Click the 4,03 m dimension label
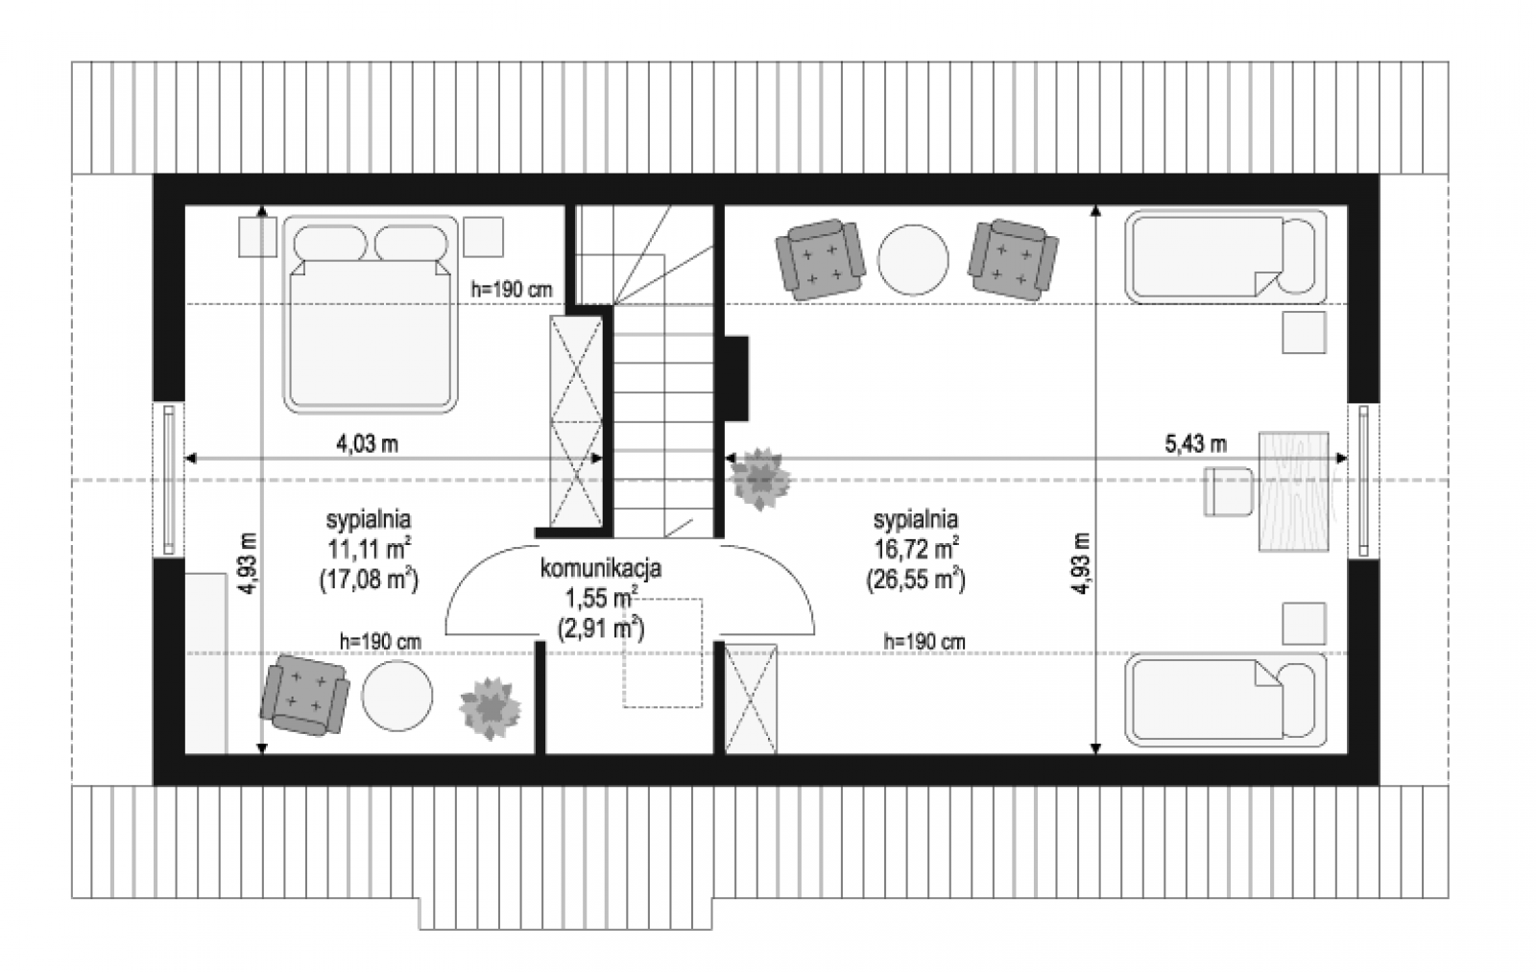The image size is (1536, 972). pyautogui.click(x=367, y=443)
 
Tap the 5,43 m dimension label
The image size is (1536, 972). pyautogui.click(x=1196, y=443)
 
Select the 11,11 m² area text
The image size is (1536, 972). pyautogui.click(x=369, y=549)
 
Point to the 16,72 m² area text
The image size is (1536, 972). pyautogui.click(x=916, y=549)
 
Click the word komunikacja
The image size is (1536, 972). pyautogui.click(x=601, y=568)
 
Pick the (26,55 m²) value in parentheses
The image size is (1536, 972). pyautogui.click(x=916, y=580)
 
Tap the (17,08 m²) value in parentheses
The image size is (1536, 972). pyautogui.click(x=369, y=580)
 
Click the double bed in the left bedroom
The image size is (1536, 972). pyautogui.click(x=371, y=315)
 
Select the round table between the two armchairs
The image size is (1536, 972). pyautogui.click(x=913, y=260)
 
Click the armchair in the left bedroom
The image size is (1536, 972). pyautogui.click(x=305, y=695)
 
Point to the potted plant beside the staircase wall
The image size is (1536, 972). pyautogui.click(x=760, y=479)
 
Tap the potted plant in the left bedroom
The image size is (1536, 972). pyautogui.click(x=491, y=708)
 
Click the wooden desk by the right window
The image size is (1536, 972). pyautogui.click(x=1293, y=491)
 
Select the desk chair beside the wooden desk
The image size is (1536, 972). pyautogui.click(x=1228, y=491)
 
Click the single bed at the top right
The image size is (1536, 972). pyautogui.click(x=1225, y=256)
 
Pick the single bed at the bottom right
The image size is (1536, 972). pyautogui.click(x=1225, y=699)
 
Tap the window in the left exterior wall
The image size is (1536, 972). pyautogui.click(x=169, y=479)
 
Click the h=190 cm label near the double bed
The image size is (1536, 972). pyautogui.click(x=512, y=289)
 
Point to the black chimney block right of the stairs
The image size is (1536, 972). pyautogui.click(x=736, y=378)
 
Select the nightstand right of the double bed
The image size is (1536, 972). pyautogui.click(x=484, y=237)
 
